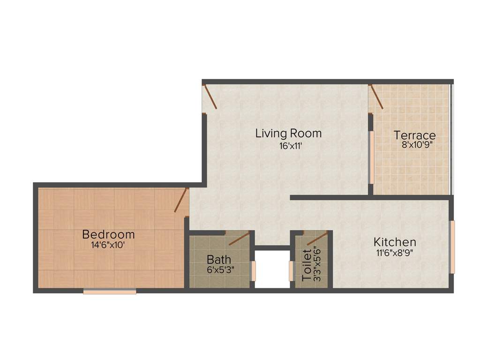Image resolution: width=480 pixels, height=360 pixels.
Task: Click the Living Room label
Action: [288, 133]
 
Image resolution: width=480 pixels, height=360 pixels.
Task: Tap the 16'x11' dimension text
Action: [288, 146]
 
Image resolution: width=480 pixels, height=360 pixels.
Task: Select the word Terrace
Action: [414, 135]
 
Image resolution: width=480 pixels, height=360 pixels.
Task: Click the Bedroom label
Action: [108, 234]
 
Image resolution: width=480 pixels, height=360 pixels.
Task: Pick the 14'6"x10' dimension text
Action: [108, 245]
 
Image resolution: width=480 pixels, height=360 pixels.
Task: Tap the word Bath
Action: [219, 259]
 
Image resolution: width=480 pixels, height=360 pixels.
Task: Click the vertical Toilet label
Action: [307, 265]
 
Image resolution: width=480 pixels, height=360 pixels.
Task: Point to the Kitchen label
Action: [395, 242]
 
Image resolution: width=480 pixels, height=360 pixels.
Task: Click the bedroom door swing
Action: [181, 200]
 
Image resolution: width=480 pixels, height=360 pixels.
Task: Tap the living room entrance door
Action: [210, 97]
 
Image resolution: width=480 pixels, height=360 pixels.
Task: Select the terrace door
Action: [376, 97]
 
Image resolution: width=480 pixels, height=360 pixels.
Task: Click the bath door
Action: [239, 239]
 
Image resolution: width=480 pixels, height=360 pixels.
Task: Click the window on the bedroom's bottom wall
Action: [110, 292]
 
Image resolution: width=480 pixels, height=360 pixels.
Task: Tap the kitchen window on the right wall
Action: [452, 247]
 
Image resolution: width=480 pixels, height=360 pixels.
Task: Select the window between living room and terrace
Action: [371, 157]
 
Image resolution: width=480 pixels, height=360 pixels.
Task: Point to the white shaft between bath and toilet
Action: [272, 270]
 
